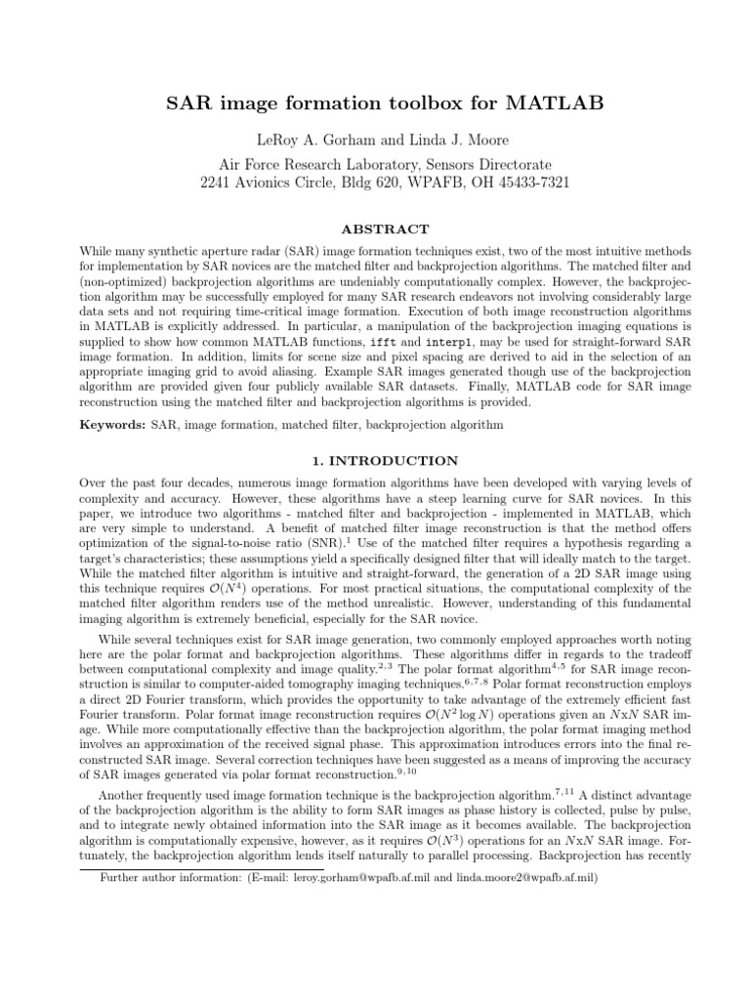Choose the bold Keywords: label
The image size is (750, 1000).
click(111, 425)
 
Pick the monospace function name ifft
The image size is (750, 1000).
click(384, 345)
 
